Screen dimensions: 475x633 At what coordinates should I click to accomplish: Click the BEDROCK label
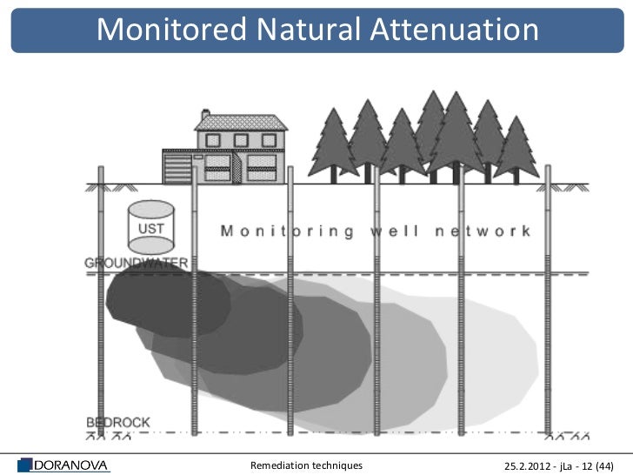pos(117,423)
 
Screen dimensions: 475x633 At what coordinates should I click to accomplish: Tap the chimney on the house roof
pos(206,115)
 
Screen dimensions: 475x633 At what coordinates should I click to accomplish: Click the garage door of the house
pos(177,167)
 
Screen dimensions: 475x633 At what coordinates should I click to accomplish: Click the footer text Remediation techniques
pos(306,465)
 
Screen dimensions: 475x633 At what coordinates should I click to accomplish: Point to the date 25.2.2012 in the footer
pos(532,465)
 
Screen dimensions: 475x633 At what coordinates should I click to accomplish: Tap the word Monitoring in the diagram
pos(287,231)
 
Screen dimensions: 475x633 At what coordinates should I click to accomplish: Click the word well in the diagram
pos(396,231)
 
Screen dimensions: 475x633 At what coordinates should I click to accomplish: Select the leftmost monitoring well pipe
pos(102,304)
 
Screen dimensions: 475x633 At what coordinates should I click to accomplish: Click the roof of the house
pos(240,123)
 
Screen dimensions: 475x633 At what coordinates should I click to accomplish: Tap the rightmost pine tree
pos(517,148)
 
